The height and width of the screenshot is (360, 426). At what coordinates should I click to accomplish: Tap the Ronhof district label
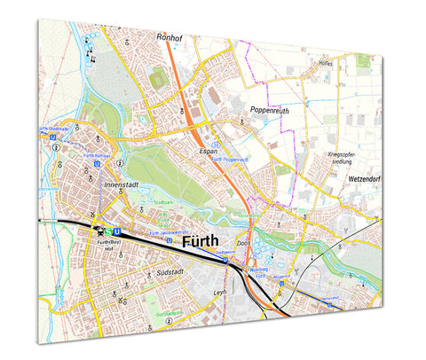pos(169,38)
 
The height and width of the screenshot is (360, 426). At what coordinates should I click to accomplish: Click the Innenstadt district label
pos(123,185)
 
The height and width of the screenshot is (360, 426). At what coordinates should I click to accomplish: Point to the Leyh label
pos(221,293)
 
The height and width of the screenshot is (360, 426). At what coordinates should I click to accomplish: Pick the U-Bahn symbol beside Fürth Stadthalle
pos(54,137)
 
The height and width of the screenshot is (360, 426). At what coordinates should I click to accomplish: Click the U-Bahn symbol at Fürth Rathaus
pos(96,164)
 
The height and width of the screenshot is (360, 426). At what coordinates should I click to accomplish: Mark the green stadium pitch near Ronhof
pos(159,79)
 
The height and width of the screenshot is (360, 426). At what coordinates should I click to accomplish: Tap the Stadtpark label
pos(162,202)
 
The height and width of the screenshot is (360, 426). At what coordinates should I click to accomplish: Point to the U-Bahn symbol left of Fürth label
pos(169,239)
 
